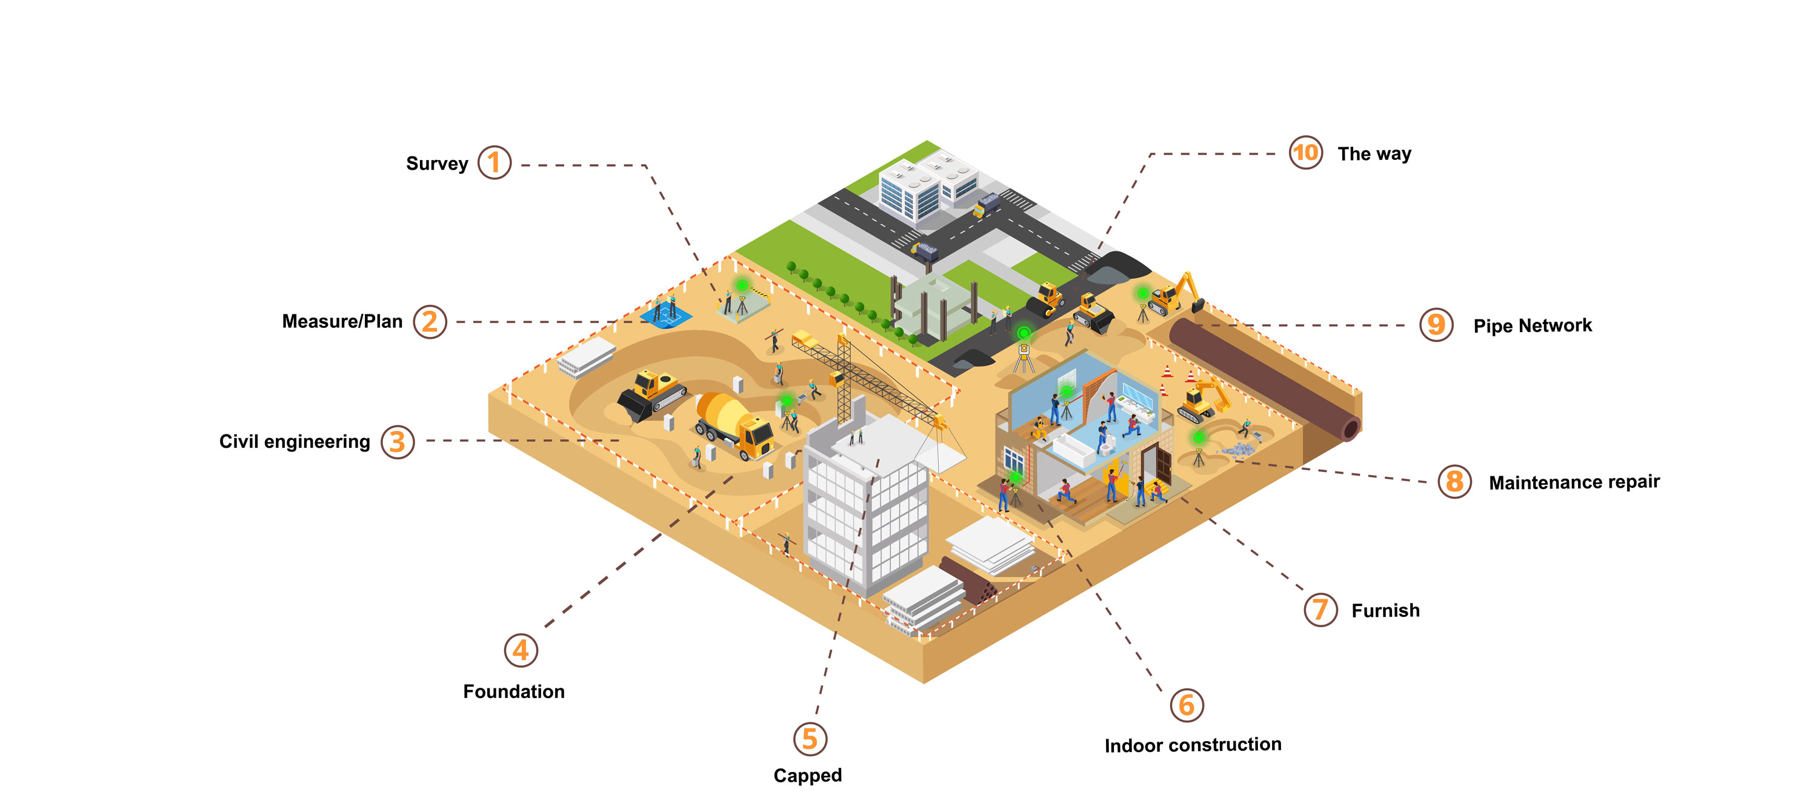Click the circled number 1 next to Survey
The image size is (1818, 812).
click(x=494, y=163)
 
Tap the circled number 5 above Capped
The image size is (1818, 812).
click(x=810, y=739)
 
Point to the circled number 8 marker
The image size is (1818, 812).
click(x=1454, y=482)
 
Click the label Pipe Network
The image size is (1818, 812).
click(x=1531, y=325)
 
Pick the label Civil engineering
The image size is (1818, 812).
click(x=295, y=442)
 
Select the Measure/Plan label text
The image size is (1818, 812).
click(x=342, y=322)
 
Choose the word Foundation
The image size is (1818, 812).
click(x=513, y=691)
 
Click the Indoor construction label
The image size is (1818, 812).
click(x=1192, y=745)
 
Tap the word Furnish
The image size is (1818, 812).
click(x=1385, y=610)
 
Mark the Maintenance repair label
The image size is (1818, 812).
click(x=1573, y=482)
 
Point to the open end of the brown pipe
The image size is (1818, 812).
click(x=1350, y=428)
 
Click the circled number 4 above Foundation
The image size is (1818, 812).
click(x=521, y=650)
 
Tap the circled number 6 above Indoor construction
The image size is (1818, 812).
click(x=1187, y=705)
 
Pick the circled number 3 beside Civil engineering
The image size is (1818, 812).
click(x=398, y=442)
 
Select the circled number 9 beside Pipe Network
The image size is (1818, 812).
click(x=1436, y=325)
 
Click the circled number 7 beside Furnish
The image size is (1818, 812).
click(x=1320, y=610)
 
